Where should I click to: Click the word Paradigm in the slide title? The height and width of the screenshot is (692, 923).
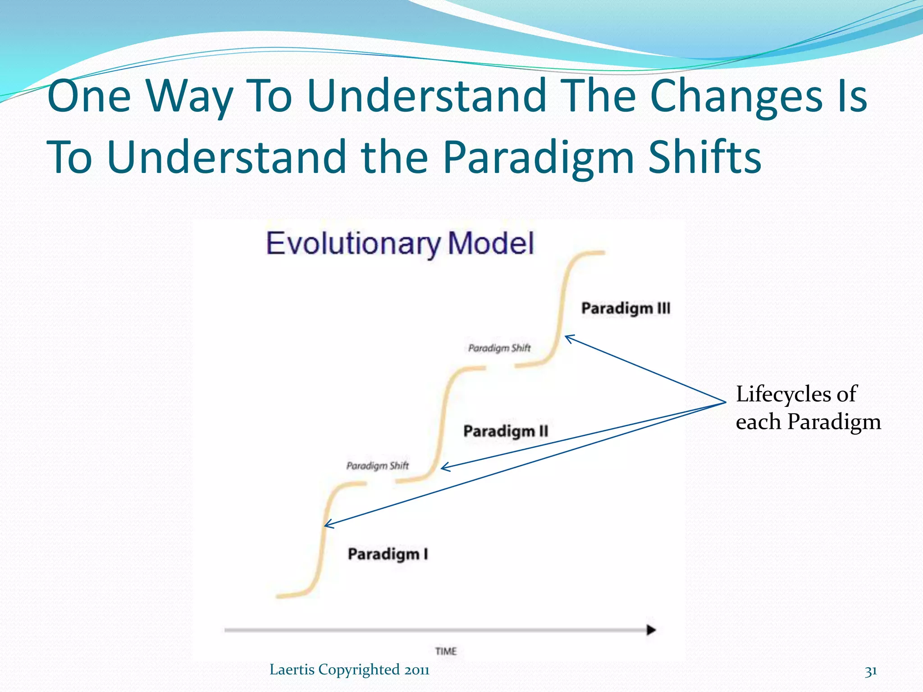(538, 157)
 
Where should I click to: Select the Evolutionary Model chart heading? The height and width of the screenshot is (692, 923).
(400, 244)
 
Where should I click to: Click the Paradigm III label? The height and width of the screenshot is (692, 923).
(626, 309)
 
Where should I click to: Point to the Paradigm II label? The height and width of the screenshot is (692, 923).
(506, 431)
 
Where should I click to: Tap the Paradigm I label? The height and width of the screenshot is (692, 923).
(388, 554)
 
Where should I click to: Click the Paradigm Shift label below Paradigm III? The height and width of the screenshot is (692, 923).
(499, 348)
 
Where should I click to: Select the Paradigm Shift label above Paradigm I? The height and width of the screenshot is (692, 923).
(378, 465)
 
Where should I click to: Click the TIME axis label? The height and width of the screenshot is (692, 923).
(446, 651)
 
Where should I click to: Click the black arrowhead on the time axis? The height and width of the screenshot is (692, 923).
(651, 630)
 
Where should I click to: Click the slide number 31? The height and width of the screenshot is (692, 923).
(871, 671)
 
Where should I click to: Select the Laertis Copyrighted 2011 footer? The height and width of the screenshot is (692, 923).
(349, 670)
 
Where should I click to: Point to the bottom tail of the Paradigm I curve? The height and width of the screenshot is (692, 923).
(282, 596)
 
